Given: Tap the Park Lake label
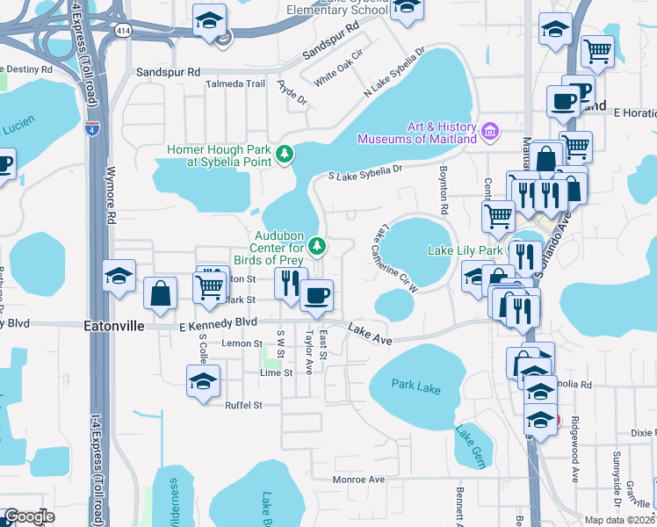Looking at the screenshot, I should coord(415,386).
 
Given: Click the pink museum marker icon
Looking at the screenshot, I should coord(491,134).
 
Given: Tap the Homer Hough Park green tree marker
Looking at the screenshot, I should coord(284,155).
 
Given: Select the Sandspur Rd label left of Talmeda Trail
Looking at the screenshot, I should coord(169,71).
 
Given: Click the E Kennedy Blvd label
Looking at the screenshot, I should coord(218,322).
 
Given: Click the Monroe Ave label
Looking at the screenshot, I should coord(359,480).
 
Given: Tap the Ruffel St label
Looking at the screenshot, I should coord(245,405).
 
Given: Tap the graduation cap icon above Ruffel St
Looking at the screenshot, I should coord(203,382).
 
